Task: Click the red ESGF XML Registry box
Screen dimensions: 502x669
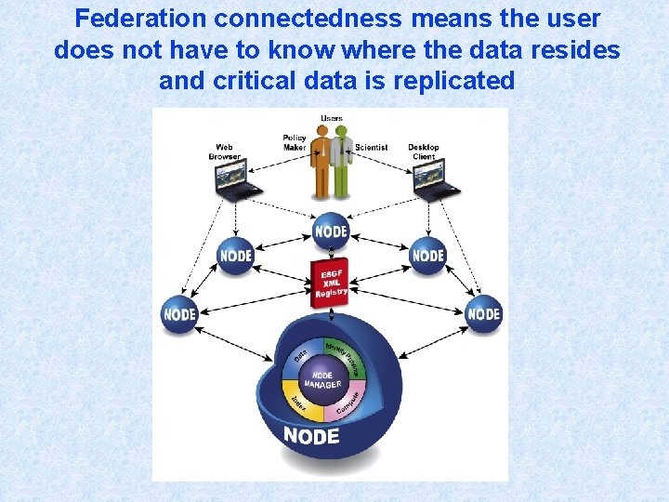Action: [330, 282]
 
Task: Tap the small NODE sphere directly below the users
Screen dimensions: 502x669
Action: [331, 231]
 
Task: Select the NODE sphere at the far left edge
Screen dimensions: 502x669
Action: [179, 313]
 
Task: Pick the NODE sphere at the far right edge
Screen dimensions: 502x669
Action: [483, 313]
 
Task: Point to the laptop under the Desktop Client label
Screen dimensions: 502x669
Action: [436, 178]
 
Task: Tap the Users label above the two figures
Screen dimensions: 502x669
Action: [331, 118]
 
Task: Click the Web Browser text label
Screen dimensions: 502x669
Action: [224, 152]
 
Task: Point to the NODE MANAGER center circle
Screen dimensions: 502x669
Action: [320, 379]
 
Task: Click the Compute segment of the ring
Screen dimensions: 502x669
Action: [347, 403]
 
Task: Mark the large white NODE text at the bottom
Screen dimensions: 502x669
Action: [310, 435]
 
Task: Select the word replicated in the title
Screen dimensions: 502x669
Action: [454, 80]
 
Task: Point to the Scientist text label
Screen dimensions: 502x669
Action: [371, 147]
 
